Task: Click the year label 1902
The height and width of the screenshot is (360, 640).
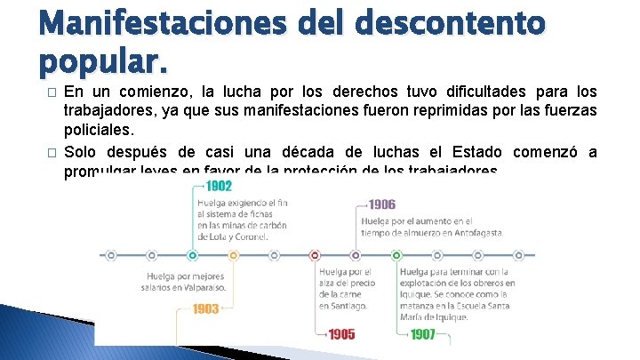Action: point(219,186)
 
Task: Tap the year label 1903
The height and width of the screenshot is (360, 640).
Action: point(205,309)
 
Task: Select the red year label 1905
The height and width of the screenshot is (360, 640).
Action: point(341,334)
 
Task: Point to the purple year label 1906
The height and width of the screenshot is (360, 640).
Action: point(382,204)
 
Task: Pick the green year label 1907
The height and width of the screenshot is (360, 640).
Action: point(423,334)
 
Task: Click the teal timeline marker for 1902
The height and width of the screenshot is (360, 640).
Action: point(193,255)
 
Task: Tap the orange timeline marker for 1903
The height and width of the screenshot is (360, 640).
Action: point(234,255)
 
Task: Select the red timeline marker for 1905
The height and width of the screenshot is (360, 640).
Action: point(316,255)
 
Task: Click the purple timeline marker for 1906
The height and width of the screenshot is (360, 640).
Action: point(356,255)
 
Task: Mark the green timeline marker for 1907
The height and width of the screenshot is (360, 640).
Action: point(397,255)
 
